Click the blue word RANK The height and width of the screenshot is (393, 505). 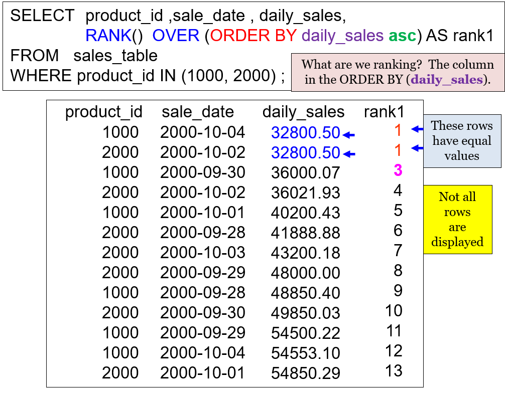click(x=108, y=36)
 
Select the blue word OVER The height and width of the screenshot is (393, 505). click(x=176, y=36)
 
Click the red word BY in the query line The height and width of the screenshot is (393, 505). click(x=286, y=36)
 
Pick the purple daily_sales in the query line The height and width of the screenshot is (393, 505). click(x=343, y=36)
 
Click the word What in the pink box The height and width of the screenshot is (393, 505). click(x=316, y=65)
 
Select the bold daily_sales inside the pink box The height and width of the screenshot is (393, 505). click(x=447, y=80)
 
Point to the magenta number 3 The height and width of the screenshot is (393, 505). click(x=398, y=170)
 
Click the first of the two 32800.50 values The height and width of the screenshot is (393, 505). click(x=306, y=133)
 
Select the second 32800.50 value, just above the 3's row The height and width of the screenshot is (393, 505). click(x=306, y=153)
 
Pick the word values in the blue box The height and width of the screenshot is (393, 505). click(x=462, y=156)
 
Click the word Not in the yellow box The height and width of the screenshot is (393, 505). click(x=447, y=197)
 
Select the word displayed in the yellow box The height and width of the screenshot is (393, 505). click(x=457, y=242)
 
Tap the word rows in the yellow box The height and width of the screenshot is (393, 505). click(x=457, y=212)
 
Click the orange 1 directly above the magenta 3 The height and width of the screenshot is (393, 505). click(x=398, y=150)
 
